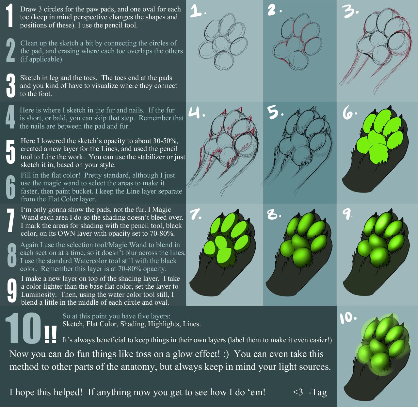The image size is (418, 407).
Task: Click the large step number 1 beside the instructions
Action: click(x=10, y=16)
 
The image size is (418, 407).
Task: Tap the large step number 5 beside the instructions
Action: click(x=10, y=152)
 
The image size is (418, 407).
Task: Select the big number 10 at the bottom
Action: click(x=23, y=328)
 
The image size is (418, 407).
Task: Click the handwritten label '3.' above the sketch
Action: click(x=351, y=11)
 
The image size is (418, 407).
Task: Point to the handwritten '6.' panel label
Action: click(x=349, y=113)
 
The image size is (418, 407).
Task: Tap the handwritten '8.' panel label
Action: click(x=274, y=214)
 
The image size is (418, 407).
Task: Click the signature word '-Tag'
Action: click(x=317, y=392)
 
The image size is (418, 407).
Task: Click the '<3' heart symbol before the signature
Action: click(x=298, y=392)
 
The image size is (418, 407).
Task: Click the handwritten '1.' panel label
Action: click(x=198, y=11)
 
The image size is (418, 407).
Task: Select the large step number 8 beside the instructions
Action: click(x=12, y=255)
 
